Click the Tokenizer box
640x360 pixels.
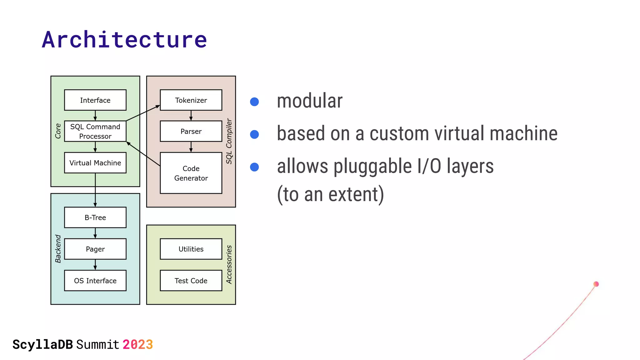coord(191,100)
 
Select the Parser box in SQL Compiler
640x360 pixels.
coord(191,131)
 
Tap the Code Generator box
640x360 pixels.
coord(191,173)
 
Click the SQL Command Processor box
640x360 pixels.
coord(95,131)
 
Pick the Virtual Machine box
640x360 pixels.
coord(95,162)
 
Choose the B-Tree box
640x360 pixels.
coord(95,217)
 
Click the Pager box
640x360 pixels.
coord(95,249)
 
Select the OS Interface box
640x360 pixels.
coord(95,281)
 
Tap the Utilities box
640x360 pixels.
coord(191,249)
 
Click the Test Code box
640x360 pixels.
coord(191,281)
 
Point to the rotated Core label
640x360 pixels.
coord(58,131)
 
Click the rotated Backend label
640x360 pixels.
coord(58,249)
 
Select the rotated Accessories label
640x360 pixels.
coord(229,265)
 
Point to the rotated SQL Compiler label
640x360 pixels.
coord(229,141)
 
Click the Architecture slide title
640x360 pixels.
coord(124,40)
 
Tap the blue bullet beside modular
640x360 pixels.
coord(254,102)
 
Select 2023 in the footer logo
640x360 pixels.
coord(137,345)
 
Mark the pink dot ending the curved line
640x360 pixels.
coord(596,284)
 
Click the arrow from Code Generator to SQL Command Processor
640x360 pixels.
coord(143,154)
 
